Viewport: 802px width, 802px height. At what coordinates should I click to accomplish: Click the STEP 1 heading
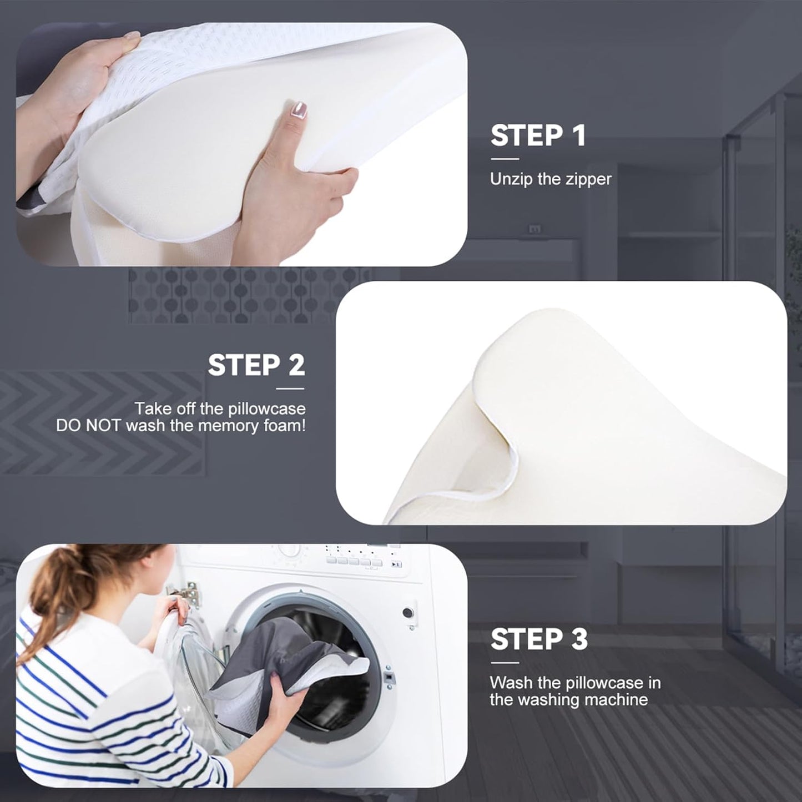pos(538,135)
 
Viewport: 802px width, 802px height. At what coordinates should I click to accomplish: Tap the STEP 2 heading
pos(256,365)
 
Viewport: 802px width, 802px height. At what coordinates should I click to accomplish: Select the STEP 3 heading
pos(538,639)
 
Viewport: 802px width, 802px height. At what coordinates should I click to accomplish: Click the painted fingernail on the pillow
pos(300,109)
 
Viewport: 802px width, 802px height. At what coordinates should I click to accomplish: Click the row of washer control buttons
pos(355,562)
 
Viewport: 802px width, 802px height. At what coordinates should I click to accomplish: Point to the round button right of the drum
pos(408,613)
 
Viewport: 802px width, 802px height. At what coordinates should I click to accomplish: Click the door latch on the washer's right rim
pos(389,678)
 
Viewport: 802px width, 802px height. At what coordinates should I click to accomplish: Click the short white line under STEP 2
pos(290,389)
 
